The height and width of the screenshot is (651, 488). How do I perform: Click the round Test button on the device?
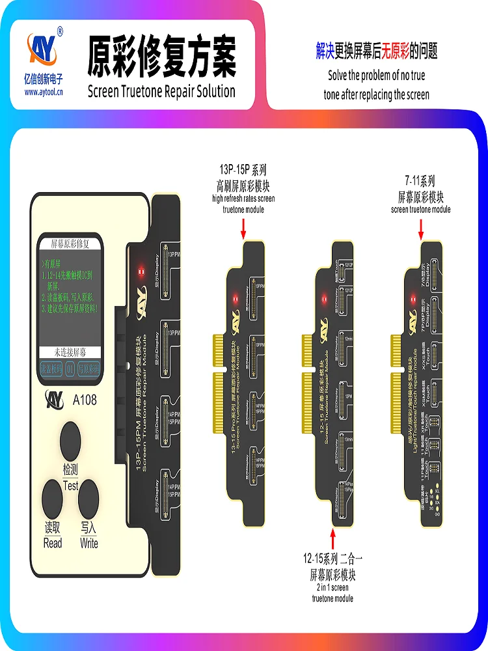[x=71, y=442]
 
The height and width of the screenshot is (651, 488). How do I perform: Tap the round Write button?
[x=88, y=500]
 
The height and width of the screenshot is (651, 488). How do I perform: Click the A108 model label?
[x=85, y=400]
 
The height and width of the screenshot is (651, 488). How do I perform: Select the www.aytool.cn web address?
[x=44, y=92]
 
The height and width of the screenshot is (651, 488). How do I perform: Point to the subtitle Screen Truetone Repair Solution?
[x=161, y=90]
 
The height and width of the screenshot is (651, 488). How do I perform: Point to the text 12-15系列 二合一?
[x=332, y=559]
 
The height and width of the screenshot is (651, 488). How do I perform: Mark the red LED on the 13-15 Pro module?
[x=235, y=299]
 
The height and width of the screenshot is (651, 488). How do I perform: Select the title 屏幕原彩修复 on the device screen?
[x=70, y=243]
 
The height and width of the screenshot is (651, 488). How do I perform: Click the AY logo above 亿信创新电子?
[x=44, y=48]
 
